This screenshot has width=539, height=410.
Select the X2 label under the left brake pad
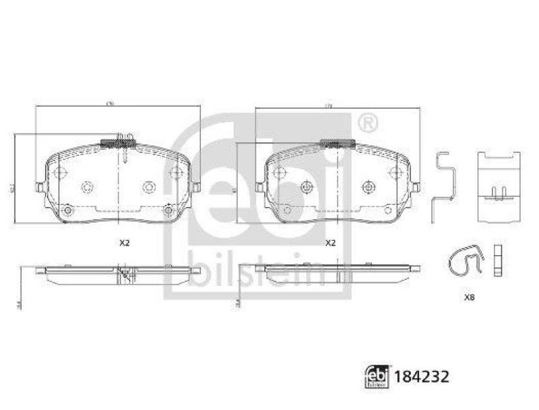pos(125,243)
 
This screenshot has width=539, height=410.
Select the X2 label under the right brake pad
pos(331,243)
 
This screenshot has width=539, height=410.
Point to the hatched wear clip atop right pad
pos(338,142)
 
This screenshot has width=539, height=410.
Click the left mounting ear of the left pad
pos(40,187)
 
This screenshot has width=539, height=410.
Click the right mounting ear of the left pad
pos(196,187)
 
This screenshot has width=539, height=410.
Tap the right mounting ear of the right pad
pos(416,187)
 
